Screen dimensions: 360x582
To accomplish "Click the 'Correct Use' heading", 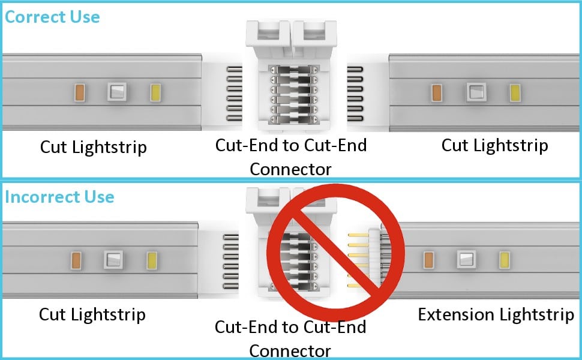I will click(52, 16).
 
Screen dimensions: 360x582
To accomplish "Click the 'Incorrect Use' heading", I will click(59, 197).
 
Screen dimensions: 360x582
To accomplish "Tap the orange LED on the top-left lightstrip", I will click(79, 92).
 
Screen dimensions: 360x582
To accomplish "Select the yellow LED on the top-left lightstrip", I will click(154, 92).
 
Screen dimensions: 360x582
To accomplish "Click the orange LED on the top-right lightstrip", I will click(437, 92).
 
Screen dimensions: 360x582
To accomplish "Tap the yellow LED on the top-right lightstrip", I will click(514, 92).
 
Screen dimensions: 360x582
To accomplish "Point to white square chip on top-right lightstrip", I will click(476, 92).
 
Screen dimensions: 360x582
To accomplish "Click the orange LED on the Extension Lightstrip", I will click(428, 260).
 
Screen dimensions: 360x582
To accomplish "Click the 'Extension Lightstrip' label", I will click(496, 314).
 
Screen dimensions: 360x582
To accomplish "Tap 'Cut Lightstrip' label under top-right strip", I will click(494, 145).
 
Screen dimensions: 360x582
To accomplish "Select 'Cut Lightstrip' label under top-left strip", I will click(93, 146).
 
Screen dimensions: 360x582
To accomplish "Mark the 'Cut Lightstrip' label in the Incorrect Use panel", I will click(92, 314).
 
